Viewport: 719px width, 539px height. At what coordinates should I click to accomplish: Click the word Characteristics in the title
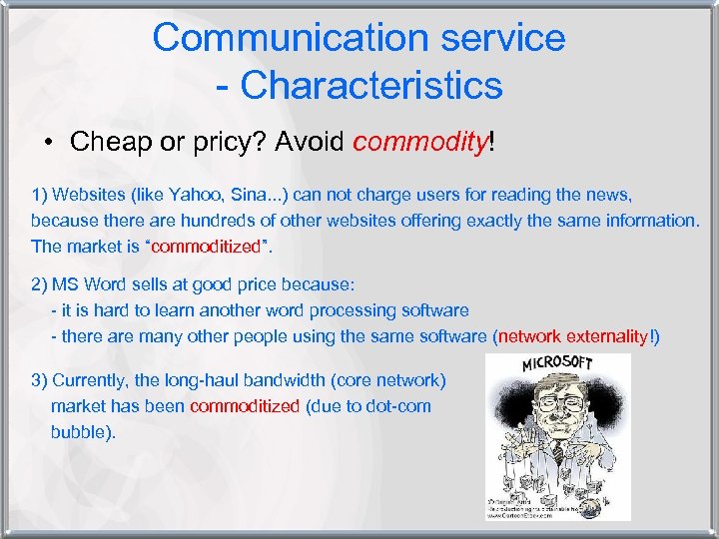371,85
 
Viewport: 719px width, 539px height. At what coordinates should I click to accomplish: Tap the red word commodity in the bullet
418,141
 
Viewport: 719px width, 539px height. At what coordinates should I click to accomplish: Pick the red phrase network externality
573,336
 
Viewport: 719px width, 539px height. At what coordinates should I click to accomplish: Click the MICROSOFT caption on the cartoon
557,363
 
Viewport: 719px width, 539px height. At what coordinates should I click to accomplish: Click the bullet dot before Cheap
49,142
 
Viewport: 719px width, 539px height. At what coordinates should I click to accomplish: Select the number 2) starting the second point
40,286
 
